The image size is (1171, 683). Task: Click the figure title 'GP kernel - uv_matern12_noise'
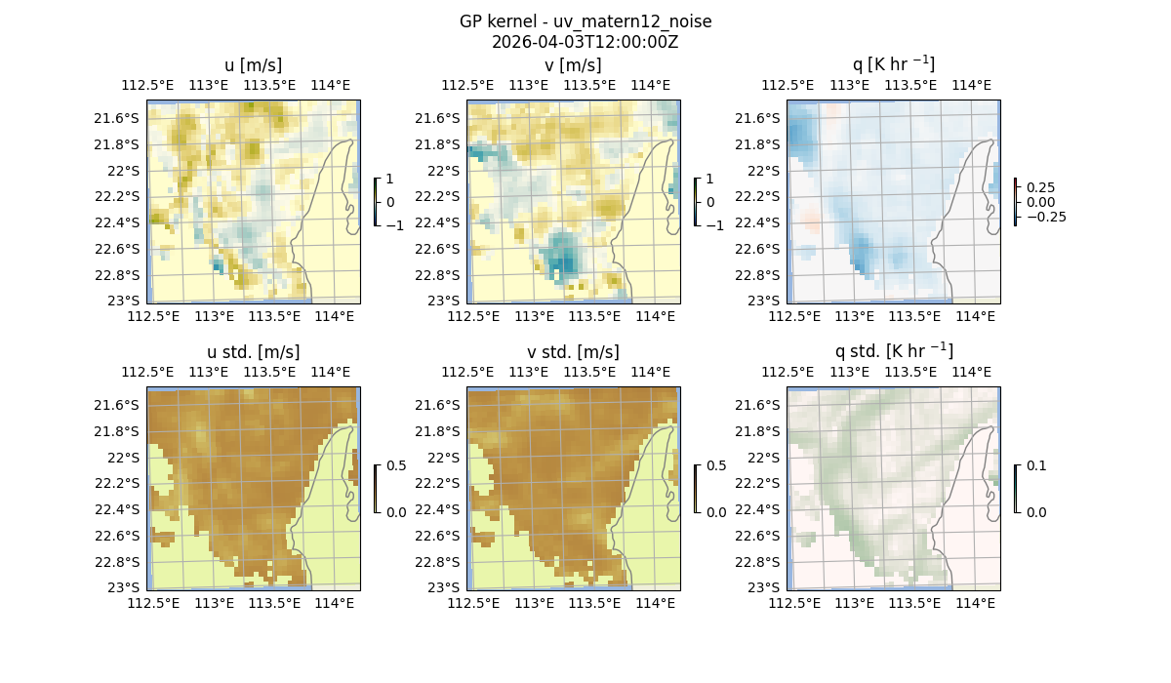585,21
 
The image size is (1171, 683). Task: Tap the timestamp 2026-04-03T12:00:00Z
585,42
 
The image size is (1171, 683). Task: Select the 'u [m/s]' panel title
253,65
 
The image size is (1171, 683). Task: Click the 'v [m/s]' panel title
573,65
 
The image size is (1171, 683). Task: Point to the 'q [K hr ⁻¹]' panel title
893,64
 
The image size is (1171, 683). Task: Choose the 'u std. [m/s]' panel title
253,352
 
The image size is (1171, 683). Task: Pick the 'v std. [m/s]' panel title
573,352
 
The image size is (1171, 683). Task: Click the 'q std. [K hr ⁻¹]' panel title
893,351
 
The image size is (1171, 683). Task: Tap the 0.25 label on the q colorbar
1041,187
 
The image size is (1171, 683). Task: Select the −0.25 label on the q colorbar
1045,217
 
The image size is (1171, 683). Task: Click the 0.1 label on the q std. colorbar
1034,465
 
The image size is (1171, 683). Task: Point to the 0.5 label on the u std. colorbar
395,465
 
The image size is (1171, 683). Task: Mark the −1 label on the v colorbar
716,224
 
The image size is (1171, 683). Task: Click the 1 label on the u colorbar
390,179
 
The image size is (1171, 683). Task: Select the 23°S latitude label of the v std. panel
448,587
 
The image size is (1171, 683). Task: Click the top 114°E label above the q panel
971,85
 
